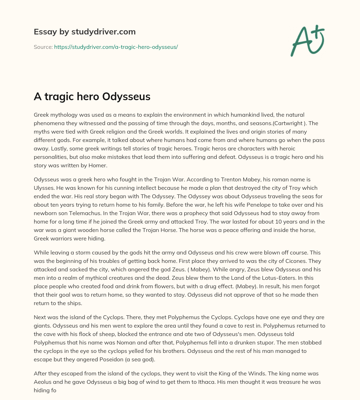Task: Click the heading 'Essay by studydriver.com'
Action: pyautogui.click(x=84, y=32)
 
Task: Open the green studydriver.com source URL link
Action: pyautogui.click(x=116, y=47)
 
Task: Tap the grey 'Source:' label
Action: pyautogui.click(x=43, y=47)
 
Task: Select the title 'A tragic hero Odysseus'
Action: pyautogui.click(x=92, y=97)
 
